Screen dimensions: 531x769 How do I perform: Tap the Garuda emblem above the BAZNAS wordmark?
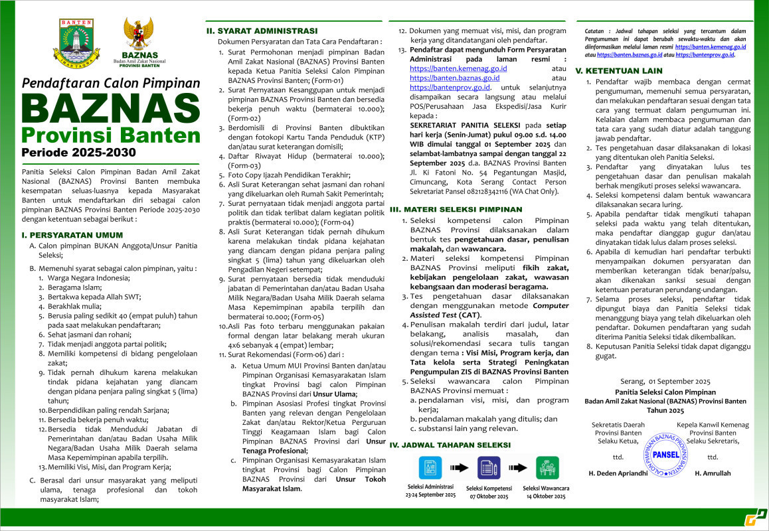(x=139, y=33)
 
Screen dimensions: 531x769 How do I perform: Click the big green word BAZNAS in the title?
(x=110, y=109)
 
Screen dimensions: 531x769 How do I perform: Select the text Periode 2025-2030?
(x=78, y=152)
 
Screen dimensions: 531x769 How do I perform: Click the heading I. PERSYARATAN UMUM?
(x=72, y=235)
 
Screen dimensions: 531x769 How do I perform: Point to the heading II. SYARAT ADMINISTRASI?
(x=261, y=31)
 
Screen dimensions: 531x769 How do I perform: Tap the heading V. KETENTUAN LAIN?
(x=618, y=70)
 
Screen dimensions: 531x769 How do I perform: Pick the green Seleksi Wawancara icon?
(x=547, y=467)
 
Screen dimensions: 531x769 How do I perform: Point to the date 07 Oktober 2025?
(x=488, y=496)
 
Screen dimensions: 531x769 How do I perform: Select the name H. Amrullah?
(x=713, y=473)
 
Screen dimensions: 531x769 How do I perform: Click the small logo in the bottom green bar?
(x=755, y=518)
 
